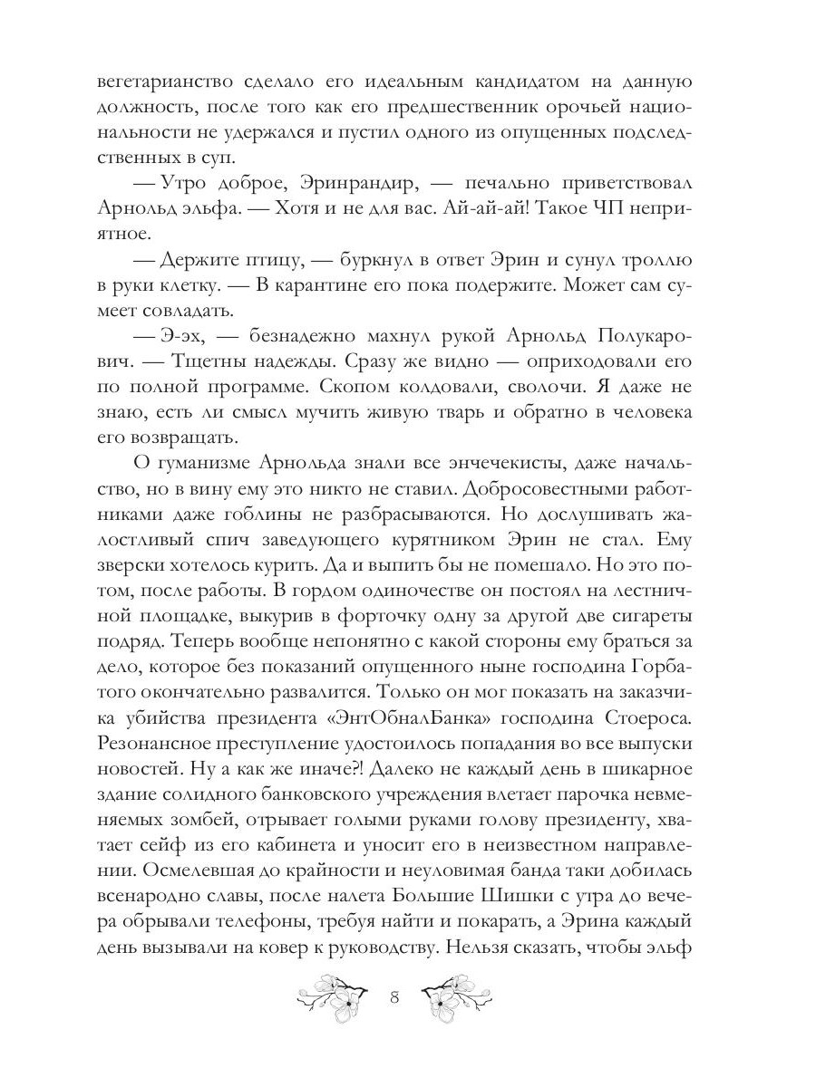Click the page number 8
tap(394, 999)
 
